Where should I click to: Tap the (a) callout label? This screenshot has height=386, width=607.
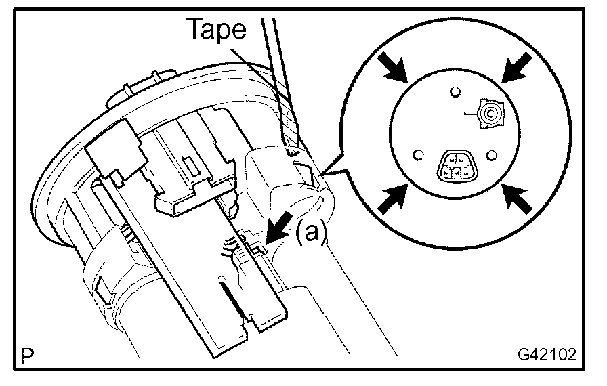tap(312, 233)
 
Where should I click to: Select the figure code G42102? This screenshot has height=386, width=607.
tap(547, 354)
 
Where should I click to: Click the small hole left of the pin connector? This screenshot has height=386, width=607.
tap(417, 155)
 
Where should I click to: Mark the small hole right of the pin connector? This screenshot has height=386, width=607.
tap(493, 155)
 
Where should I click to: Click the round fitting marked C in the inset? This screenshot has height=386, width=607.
tap(489, 112)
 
